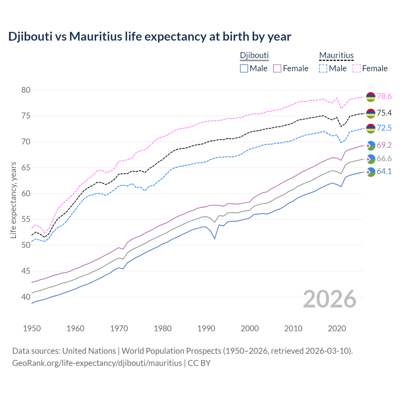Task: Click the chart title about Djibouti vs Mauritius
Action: click(x=150, y=37)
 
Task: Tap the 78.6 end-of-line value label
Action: click(x=384, y=97)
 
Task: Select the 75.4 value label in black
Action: click(x=384, y=113)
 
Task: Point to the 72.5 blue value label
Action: click(x=384, y=128)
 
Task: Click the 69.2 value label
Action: click(x=384, y=145)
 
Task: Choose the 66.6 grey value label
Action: click(x=384, y=159)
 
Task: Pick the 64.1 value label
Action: click(x=384, y=172)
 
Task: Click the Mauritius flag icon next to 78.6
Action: click(x=371, y=97)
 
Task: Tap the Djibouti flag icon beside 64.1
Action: click(x=371, y=172)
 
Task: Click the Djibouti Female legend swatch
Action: click(x=277, y=68)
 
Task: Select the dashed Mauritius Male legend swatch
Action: click(x=323, y=68)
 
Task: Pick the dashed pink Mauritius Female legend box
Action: click(x=357, y=68)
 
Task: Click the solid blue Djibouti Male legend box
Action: click(x=244, y=68)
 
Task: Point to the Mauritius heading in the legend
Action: click(x=336, y=56)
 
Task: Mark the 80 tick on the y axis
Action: click(x=26, y=90)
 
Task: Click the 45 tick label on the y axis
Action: click(x=26, y=271)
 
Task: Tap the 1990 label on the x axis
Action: click(x=206, y=328)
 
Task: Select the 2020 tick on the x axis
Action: click(x=337, y=328)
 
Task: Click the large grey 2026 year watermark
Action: click(x=329, y=299)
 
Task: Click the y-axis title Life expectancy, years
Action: click(x=13, y=200)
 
